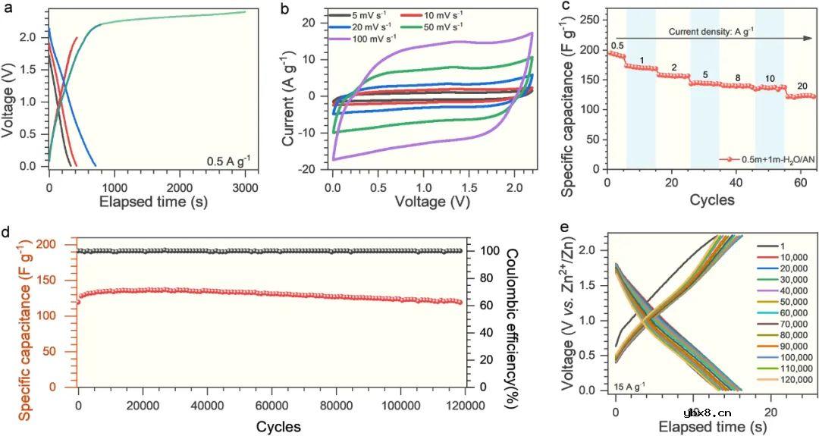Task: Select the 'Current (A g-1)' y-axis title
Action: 289,96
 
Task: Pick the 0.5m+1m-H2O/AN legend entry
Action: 766,160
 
